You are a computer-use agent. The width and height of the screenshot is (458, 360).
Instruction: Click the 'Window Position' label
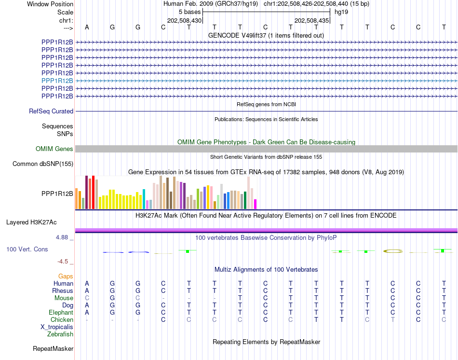click(x=50, y=4)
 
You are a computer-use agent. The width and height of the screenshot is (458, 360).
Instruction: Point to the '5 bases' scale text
click(x=190, y=12)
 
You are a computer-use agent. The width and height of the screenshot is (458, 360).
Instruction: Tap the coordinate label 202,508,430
click(x=184, y=20)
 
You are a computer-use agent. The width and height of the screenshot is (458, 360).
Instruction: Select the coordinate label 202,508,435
click(x=311, y=20)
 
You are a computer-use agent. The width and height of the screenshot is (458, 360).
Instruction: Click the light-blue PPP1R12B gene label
click(x=57, y=81)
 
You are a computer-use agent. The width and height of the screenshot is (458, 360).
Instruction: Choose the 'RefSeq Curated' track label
click(x=51, y=111)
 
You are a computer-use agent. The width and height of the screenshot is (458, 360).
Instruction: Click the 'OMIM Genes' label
click(x=54, y=149)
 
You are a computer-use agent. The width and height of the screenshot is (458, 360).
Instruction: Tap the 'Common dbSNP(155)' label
click(x=43, y=164)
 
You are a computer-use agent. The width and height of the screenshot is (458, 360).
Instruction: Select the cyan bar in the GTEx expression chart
click(x=144, y=199)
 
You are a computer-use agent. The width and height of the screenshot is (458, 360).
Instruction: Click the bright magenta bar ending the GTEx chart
click(x=256, y=204)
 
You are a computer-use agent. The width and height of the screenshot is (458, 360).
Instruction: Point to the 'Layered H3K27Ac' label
click(x=31, y=222)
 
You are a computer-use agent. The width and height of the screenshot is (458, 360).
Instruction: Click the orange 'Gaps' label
click(x=66, y=277)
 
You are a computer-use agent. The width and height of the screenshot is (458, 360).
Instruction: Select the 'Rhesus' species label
click(x=63, y=291)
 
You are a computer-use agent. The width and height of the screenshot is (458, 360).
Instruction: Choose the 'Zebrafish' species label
click(x=60, y=334)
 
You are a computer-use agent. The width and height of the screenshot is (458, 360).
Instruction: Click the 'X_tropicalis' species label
click(x=57, y=327)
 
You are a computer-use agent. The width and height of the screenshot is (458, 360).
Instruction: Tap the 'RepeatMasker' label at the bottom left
click(x=53, y=348)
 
